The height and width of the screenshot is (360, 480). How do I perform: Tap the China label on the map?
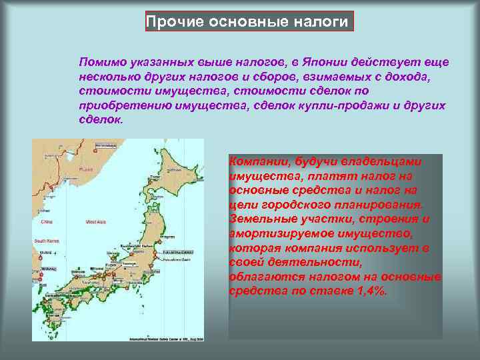pos(47,221)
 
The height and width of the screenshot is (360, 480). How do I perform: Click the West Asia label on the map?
pos(95,221)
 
